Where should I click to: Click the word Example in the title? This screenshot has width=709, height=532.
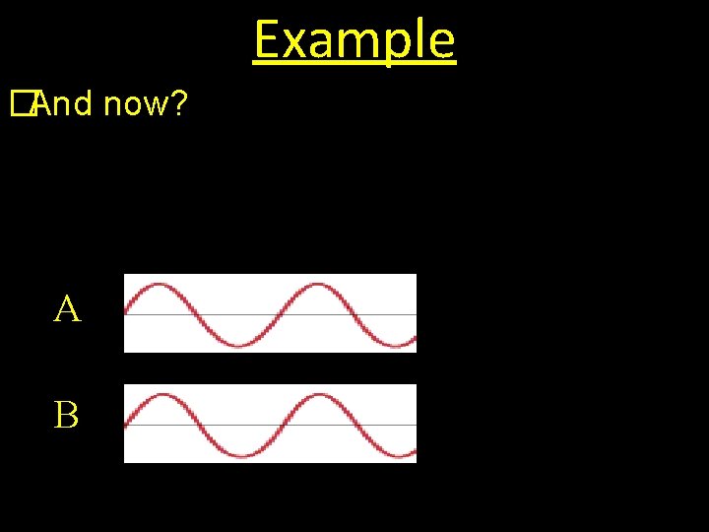(x=354, y=39)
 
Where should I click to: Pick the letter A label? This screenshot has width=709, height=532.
(x=67, y=310)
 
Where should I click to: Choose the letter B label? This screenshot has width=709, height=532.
(x=67, y=416)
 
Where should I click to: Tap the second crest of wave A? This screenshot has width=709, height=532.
(x=318, y=286)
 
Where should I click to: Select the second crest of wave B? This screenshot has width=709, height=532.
(x=318, y=396)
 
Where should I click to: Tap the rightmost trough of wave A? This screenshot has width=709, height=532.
(x=400, y=345)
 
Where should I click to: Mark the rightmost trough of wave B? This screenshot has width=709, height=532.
(x=400, y=455)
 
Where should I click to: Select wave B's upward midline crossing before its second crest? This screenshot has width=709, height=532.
(x=278, y=425)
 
